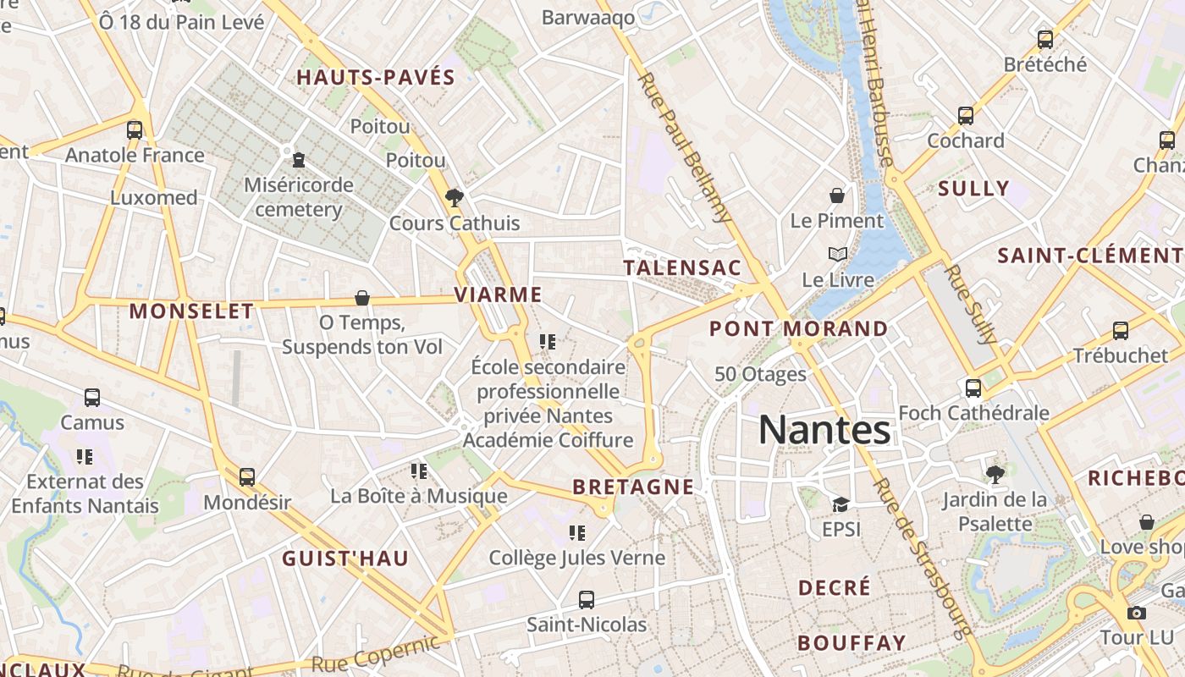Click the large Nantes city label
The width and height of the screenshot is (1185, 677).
click(x=824, y=430)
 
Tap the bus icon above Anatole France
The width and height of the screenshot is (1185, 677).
click(x=135, y=130)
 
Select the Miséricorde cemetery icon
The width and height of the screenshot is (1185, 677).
click(x=298, y=159)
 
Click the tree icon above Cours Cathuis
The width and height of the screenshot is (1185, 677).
click(x=455, y=198)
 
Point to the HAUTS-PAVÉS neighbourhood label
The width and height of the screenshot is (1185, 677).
click(x=376, y=78)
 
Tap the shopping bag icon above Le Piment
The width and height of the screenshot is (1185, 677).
click(x=837, y=195)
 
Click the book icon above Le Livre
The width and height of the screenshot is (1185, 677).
click(x=837, y=254)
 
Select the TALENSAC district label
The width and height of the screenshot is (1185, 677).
click(x=682, y=268)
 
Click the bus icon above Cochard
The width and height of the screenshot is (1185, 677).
click(x=966, y=116)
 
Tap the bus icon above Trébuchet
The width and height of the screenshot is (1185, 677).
click(x=1121, y=331)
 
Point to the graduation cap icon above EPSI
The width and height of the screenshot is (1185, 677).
click(x=841, y=505)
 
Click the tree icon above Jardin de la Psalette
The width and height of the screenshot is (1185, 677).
click(x=995, y=475)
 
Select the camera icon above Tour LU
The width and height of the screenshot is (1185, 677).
click(x=1137, y=614)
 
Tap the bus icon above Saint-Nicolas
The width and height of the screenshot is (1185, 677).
click(x=587, y=600)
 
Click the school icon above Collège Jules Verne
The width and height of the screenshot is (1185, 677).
click(x=577, y=533)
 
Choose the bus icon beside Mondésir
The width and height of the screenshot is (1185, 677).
click(x=247, y=477)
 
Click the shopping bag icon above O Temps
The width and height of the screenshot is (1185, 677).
click(x=362, y=298)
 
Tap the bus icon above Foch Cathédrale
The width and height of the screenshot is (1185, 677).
click(x=973, y=388)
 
